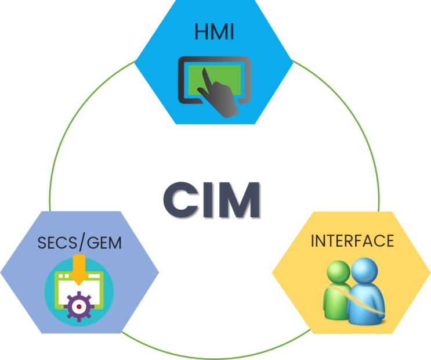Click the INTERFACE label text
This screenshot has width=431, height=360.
352,240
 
